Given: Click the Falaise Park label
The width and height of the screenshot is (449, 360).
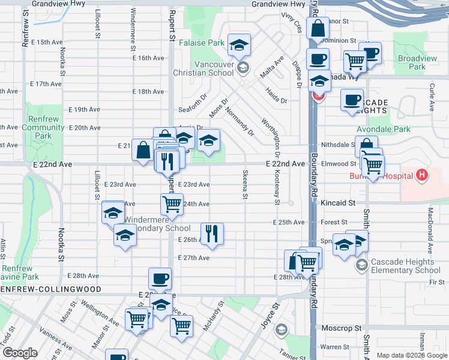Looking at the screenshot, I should (207, 43).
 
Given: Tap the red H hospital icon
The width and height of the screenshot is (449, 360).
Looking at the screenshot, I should (423, 175).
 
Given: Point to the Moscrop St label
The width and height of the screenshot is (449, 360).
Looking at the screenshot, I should (341, 329).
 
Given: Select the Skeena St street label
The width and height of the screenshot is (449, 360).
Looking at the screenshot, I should (245, 185).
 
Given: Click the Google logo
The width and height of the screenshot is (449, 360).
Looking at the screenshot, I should (20, 353).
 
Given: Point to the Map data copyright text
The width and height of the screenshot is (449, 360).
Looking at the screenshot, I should (411, 355).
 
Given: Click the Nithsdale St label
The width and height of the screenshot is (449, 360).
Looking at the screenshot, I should (337, 145).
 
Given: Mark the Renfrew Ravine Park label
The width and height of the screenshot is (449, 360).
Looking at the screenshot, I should (20, 272).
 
